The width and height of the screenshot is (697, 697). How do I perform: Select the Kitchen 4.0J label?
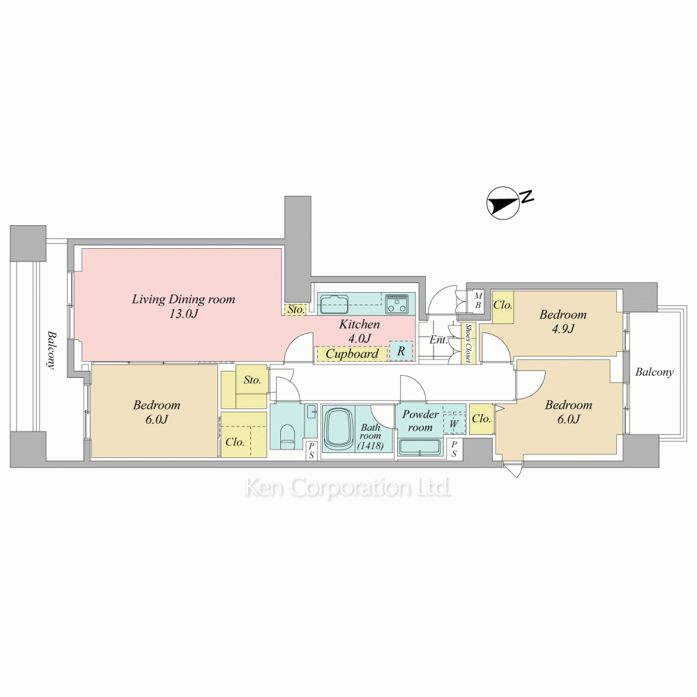360,331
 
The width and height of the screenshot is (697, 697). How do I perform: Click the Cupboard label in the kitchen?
352,354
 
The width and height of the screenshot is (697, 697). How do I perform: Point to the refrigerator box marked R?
401,351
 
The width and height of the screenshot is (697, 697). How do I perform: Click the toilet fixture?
288,434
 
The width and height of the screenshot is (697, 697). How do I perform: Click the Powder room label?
420,420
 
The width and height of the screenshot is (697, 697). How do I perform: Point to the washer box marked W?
454,424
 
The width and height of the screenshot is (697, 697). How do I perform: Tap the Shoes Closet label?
468,343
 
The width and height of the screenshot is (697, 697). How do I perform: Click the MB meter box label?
478,300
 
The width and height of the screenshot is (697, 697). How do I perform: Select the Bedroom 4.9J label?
562,321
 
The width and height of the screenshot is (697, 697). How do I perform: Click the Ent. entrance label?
438,340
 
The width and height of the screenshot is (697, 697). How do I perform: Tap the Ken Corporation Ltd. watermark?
348,488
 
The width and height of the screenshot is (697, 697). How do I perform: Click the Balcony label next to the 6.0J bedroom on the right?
654,372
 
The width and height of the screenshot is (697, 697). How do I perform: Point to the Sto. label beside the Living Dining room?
296,309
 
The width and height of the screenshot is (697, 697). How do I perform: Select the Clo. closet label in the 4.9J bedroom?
503,305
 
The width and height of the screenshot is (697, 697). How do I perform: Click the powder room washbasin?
420,447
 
